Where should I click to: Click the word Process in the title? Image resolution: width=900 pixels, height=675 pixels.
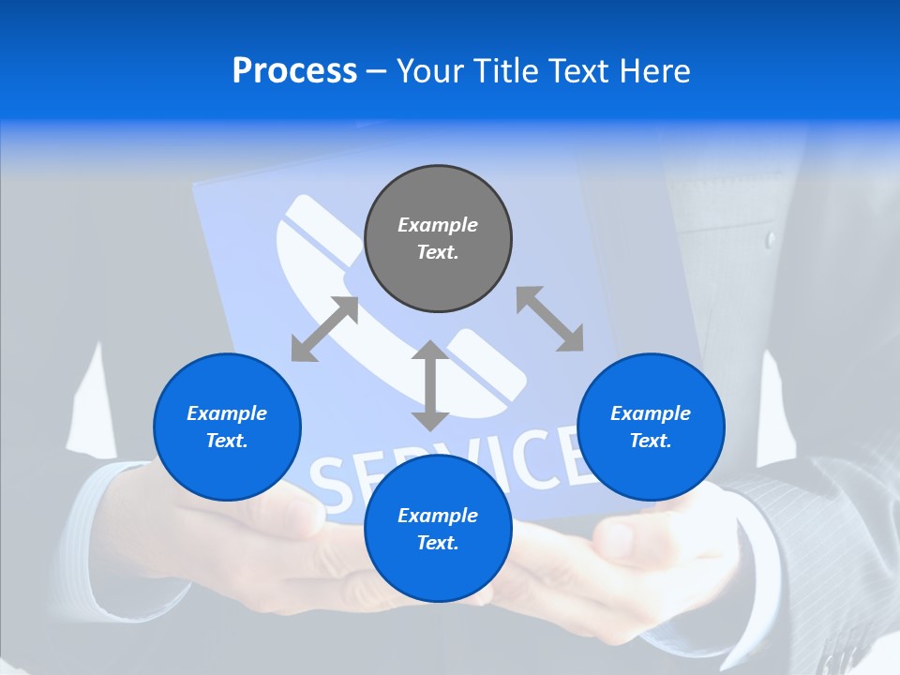[294, 71]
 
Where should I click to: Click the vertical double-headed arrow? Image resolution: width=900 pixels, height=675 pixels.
[430, 385]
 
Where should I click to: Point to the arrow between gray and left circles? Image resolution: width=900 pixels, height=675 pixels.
[324, 329]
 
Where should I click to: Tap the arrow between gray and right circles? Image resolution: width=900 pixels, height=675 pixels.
[549, 319]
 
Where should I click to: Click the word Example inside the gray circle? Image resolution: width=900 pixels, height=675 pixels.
[438, 225]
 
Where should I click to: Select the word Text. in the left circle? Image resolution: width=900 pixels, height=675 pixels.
[227, 441]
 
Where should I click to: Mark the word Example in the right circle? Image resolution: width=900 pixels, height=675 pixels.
[651, 413]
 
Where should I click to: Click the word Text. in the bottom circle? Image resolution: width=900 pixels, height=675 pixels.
[438, 543]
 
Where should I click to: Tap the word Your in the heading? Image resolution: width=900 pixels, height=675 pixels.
[429, 71]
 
